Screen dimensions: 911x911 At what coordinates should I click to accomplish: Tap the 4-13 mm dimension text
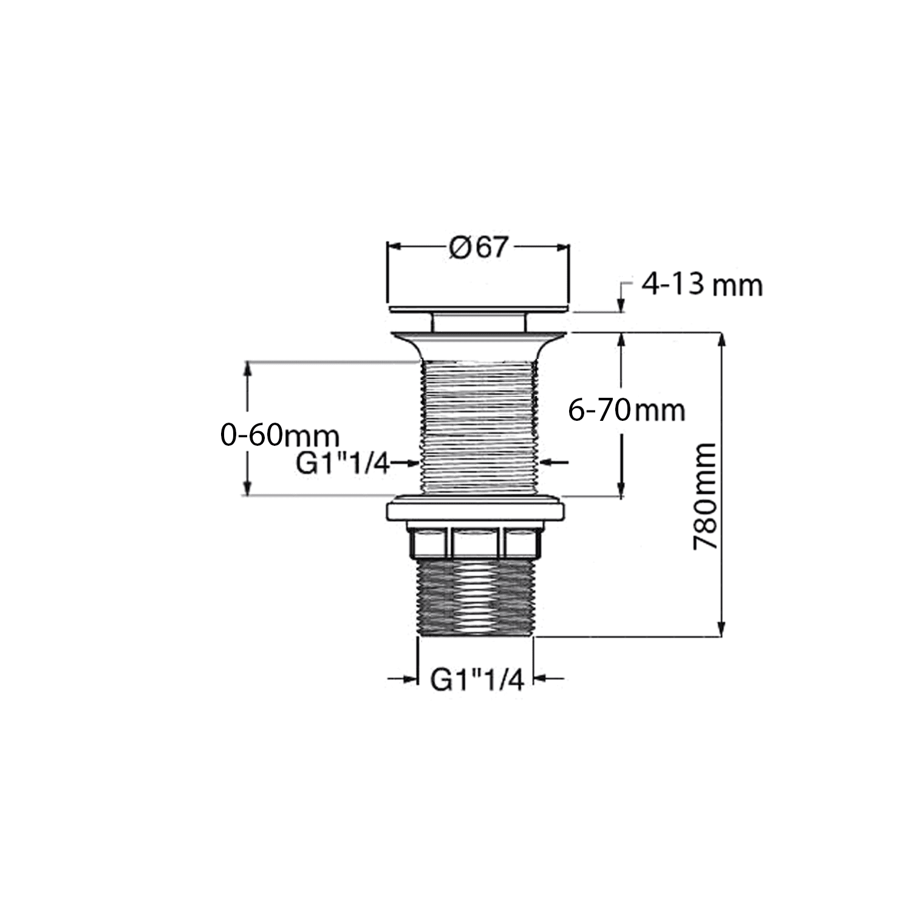(701, 285)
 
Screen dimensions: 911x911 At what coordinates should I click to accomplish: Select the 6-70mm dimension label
(626, 411)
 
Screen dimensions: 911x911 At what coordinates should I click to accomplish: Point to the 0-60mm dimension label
(279, 435)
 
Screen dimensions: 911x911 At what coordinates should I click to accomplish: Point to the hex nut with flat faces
(477, 542)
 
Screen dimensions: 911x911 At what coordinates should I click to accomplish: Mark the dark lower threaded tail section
(476, 598)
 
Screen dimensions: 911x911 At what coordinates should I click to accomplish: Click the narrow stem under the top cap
(479, 322)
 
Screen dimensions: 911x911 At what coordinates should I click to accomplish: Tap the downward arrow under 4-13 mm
(621, 305)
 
